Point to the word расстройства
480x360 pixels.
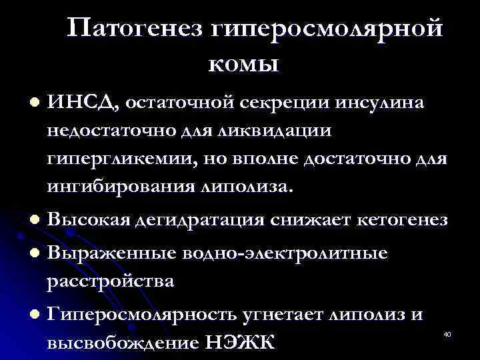[111, 281]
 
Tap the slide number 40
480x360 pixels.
[447, 333]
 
